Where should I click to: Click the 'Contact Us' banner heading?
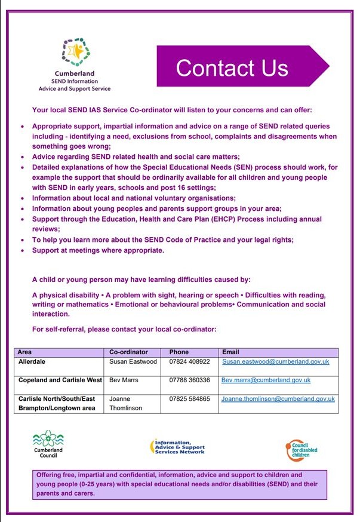pyautogui.click(x=232, y=67)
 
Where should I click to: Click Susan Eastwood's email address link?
pyautogui.click(x=275, y=362)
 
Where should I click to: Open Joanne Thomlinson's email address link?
pyautogui.click(x=278, y=398)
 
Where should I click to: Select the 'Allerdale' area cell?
pyautogui.click(x=34, y=362)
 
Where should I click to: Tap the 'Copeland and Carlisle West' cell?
pyautogui.click(x=60, y=380)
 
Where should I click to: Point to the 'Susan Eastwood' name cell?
pyautogui.click(x=132, y=362)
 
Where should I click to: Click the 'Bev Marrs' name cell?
pyautogui.click(x=123, y=380)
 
